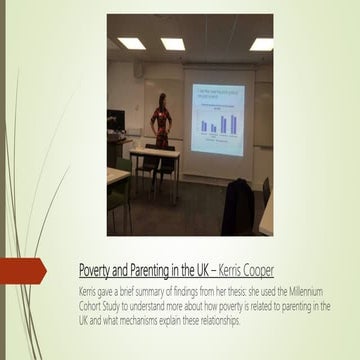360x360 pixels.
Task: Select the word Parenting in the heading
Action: [x=154, y=270]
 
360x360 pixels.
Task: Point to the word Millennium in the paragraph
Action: [x=304, y=288]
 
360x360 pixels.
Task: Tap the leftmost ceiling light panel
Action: [x=130, y=44]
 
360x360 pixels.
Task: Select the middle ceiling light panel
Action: [x=172, y=44]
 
